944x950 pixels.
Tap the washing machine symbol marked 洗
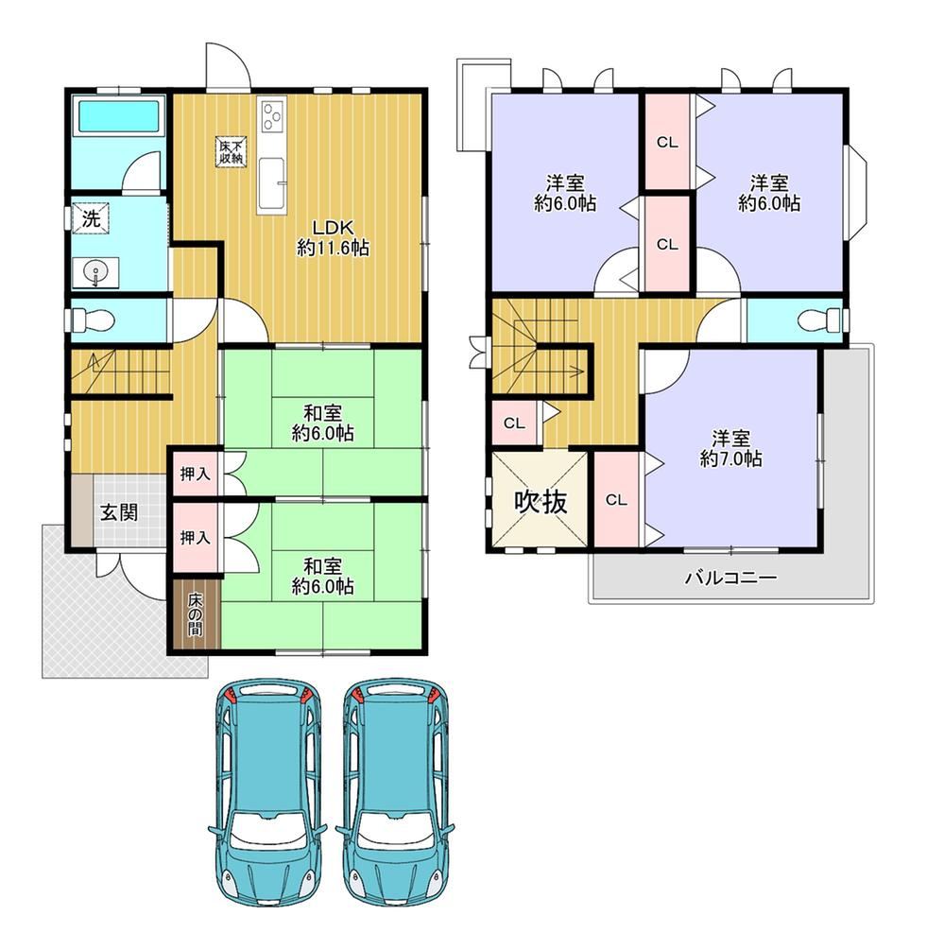(x=91, y=218)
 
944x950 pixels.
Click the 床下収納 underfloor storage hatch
(x=231, y=151)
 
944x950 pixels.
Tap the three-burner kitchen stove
(x=271, y=116)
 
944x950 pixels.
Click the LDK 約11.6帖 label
(x=333, y=237)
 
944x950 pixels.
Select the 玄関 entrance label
(x=119, y=512)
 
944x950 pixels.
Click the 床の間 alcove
(x=195, y=615)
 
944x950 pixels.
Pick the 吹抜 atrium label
(x=541, y=502)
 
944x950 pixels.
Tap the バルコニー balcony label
(x=730, y=578)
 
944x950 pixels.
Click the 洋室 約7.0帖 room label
(x=730, y=449)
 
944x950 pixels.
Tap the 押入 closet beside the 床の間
(x=195, y=538)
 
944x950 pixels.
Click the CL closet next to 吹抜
(x=616, y=500)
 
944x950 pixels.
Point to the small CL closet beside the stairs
(x=514, y=423)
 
